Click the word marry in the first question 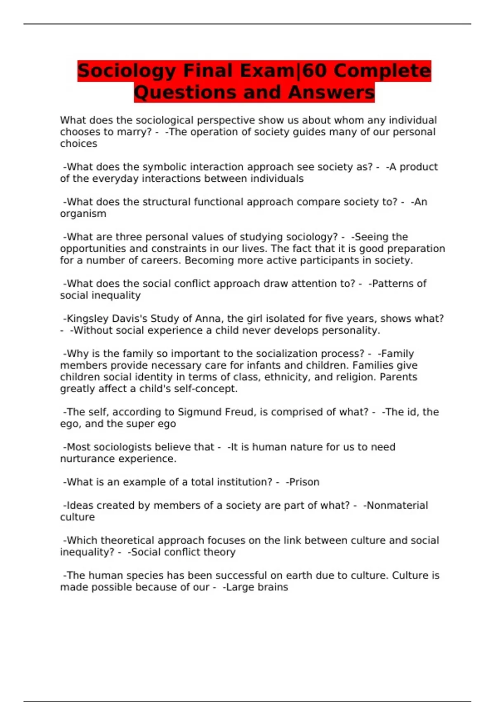coord(134,132)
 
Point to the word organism coord(83,214)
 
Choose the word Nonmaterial coord(397,505)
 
